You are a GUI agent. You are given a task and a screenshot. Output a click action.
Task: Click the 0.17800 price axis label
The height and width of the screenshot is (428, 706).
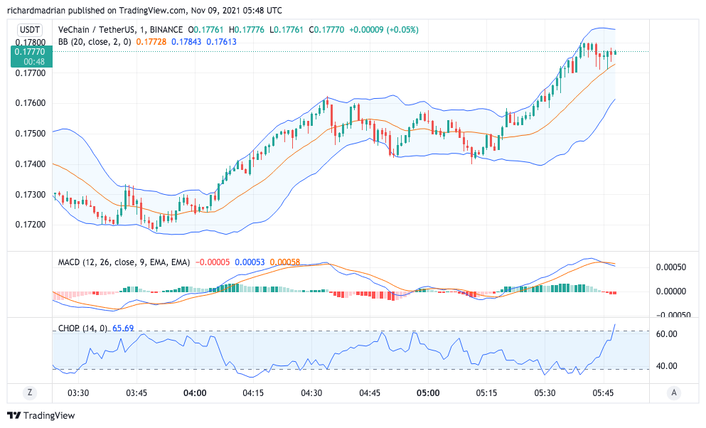click(x=29, y=43)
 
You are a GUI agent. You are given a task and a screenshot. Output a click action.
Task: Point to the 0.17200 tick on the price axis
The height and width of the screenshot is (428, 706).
click(x=29, y=225)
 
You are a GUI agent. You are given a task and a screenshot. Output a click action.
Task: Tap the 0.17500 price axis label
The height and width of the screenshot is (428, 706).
click(x=29, y=134)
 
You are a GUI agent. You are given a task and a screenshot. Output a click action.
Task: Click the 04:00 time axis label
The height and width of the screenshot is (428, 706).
click(x=195, y=392)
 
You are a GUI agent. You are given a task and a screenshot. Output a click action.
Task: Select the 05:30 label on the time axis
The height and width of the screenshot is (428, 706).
click(x=545, y=392)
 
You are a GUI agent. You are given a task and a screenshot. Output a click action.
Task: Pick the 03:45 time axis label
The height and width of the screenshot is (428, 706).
click(x=136, y=392)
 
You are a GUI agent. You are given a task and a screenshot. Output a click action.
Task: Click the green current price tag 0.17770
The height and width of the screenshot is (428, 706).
click(x=29, y=51)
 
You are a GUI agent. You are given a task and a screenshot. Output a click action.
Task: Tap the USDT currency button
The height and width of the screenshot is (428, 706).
click(x=29, y=30)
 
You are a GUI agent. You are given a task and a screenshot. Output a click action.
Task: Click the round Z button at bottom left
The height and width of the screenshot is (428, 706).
click(x=30, y=392)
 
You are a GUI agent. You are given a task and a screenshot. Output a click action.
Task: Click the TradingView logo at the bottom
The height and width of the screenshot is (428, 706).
click(x=41, y=415)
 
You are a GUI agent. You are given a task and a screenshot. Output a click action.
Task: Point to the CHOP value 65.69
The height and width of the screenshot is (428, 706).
click(x=123, y=328)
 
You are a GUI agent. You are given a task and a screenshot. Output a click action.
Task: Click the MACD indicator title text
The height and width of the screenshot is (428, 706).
click(x=124, y=262)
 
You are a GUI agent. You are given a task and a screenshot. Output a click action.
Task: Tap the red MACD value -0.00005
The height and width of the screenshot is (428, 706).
click(x=212, y=262)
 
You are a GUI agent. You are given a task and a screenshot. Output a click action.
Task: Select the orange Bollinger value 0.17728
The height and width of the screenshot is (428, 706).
click(x=151, y=42)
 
